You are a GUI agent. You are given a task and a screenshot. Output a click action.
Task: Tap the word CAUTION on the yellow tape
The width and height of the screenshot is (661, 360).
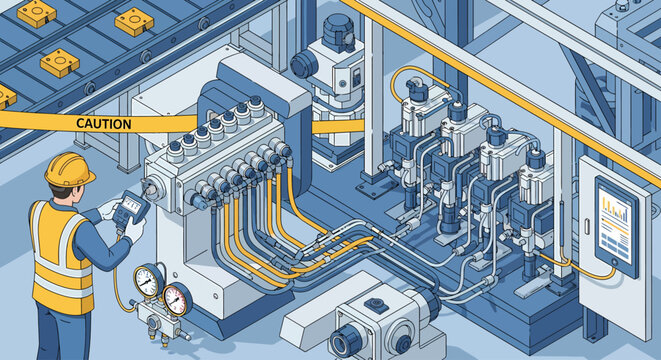103,124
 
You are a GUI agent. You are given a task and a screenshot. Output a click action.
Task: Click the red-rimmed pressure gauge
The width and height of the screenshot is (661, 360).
177,297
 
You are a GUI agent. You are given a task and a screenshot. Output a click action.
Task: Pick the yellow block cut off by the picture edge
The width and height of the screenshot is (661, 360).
4,97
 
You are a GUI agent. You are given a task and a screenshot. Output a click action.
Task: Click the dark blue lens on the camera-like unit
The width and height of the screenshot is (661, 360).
340,342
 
